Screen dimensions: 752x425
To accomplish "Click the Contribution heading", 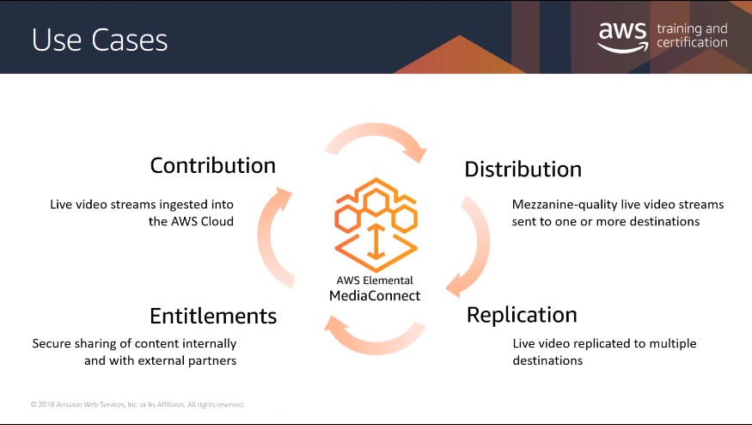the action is point(213,166).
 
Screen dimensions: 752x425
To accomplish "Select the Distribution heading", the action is point(523,169).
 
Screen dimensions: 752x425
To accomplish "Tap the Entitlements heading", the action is point(213,316).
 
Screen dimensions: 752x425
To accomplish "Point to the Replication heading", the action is point(522,315).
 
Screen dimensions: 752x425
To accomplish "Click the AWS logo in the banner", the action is point(622,36).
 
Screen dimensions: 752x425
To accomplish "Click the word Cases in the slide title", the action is point(130,40).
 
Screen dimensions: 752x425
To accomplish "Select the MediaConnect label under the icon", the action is point(375,296).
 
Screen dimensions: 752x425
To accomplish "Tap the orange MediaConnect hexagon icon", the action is point(376,225).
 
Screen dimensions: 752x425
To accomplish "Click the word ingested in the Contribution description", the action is point(185,205).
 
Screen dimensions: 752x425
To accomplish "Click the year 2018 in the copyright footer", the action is point(46,405).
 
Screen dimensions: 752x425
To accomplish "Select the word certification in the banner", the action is point(692,43).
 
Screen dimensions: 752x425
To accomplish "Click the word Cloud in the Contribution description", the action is point(217,221).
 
